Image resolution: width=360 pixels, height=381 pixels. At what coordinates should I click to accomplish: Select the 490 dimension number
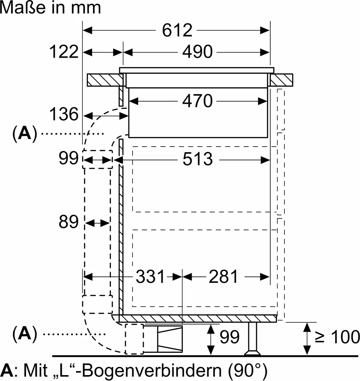click(197, 52)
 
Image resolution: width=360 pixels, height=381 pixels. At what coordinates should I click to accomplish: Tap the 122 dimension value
click(64, 52)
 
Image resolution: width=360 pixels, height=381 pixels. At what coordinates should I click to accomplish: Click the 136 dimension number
click(64, 114)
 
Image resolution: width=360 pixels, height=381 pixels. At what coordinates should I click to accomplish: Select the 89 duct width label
click(69, 222)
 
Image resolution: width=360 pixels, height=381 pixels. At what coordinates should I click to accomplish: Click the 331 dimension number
click(150, 276)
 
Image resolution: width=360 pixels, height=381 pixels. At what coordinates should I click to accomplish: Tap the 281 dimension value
click(223, 276)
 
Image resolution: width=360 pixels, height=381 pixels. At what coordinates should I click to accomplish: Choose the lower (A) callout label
click(25, 334)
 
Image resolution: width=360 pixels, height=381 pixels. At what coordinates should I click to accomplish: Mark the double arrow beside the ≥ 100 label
click(307, 338)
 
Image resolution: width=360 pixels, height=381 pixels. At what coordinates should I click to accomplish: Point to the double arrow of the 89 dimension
click(98, 223)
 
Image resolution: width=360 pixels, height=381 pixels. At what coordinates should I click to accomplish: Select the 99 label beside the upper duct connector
click(69, 159)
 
